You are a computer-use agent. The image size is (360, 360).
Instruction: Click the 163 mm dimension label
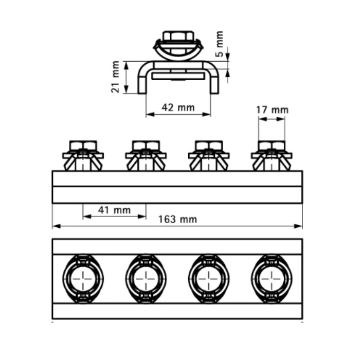click(177, 220)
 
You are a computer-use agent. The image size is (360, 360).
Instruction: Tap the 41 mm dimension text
click(114, 210)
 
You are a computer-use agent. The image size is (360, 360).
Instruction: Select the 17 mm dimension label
click(272, 110)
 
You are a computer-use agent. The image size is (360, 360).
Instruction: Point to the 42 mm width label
click(178, 107)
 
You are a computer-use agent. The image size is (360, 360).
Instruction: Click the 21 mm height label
click(116, 77)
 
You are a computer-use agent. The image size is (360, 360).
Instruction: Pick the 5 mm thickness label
click(220, 44)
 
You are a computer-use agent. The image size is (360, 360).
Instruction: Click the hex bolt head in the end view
click(178, 37)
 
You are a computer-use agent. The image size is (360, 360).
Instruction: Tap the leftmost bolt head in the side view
click(83, 146)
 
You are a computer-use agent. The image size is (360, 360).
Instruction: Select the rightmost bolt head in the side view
click(272, 146)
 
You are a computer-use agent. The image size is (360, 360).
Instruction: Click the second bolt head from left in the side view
click(146, 146)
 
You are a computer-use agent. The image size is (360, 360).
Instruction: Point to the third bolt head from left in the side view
click(209, 146)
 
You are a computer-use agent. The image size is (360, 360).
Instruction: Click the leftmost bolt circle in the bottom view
click(83, 279)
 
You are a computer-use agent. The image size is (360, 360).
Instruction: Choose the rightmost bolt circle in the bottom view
click(272, 279)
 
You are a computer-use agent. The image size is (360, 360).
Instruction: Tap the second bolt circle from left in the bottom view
click(146, 279)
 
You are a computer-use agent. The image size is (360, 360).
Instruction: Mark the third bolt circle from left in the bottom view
click(209, 279)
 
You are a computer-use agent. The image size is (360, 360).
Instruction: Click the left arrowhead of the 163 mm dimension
click(56, 226)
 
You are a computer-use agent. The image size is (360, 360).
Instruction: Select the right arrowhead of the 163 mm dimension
click(298, 226)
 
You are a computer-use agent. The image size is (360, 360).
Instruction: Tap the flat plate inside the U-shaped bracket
click(178, 76)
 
